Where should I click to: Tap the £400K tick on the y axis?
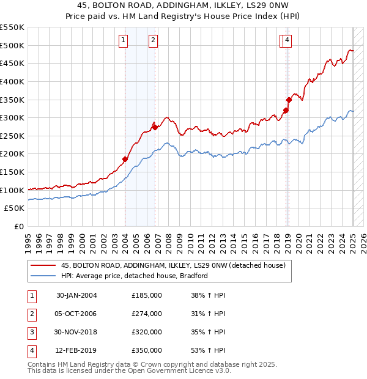(x=12, y=81)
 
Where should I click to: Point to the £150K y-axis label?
(x=12, y=172)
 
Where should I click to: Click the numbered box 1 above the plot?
(x=124, y=41)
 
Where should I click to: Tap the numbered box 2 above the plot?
(x=152, y=41)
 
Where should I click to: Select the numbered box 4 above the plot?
(x=286, y=41)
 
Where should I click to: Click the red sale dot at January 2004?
(x=125, y=159)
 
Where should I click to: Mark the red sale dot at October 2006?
(x=155, y=127)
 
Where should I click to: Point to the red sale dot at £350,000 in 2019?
(x=289, y=100)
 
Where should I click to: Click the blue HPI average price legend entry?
(x=135, y=276)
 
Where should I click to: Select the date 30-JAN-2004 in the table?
(x=76, y=295)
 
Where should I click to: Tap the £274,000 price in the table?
(x=147, y=314)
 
